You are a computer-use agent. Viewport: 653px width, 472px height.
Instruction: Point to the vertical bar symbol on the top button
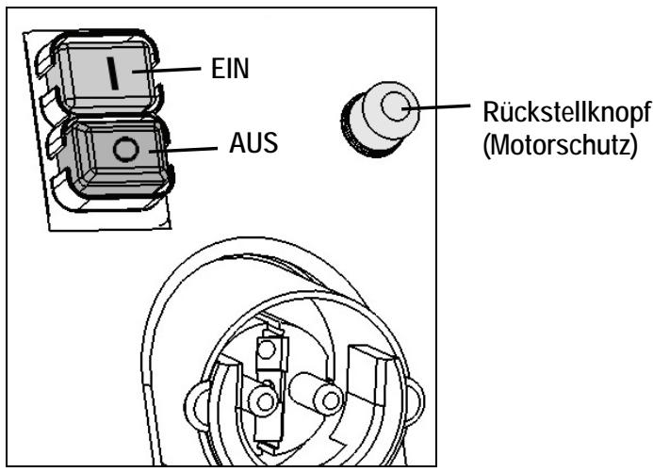[112, 74]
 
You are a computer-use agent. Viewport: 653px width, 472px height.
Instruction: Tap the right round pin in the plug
[326, 400]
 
